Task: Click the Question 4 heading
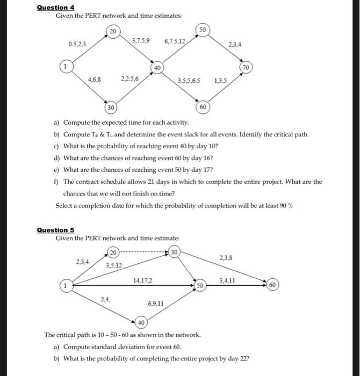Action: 55,7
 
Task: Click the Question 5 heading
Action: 55,230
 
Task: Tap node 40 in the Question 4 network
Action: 157,68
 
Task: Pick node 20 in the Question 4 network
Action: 112,32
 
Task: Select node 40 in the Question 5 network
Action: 141,322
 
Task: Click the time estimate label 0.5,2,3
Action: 78,43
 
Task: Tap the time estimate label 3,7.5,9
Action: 141,40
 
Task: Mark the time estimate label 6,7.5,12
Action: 175,41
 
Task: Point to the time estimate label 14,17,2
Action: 142,279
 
